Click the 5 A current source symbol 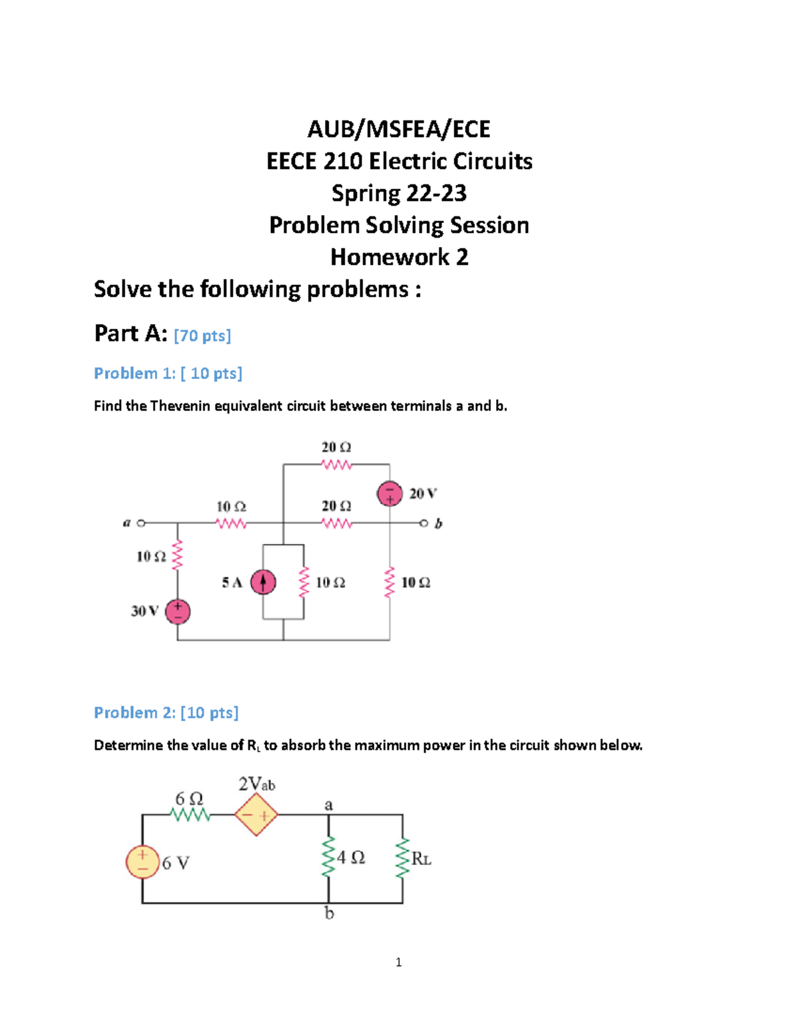(x=263, y=583)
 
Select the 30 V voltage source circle (x=178, y=611)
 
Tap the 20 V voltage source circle (x=390, y=494)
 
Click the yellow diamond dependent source (x=256, y=815)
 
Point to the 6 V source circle (x=142, y=862)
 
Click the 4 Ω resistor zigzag (x=328, y=858)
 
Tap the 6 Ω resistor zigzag (x=190, y=814)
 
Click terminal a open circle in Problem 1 (x=140, y=523)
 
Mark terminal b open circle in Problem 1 (x=424, y=523)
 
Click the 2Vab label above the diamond (x=256, y=784)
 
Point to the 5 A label (x=232, y=583)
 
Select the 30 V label (x=144, y=611)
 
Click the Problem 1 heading (x=168, y=374)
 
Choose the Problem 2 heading (x=166, y=713)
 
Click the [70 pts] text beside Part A (x=202, y=336)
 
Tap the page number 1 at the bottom (x=398, y=962)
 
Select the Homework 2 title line (x=399, y=257)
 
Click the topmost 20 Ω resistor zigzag (x=336, y=465)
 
